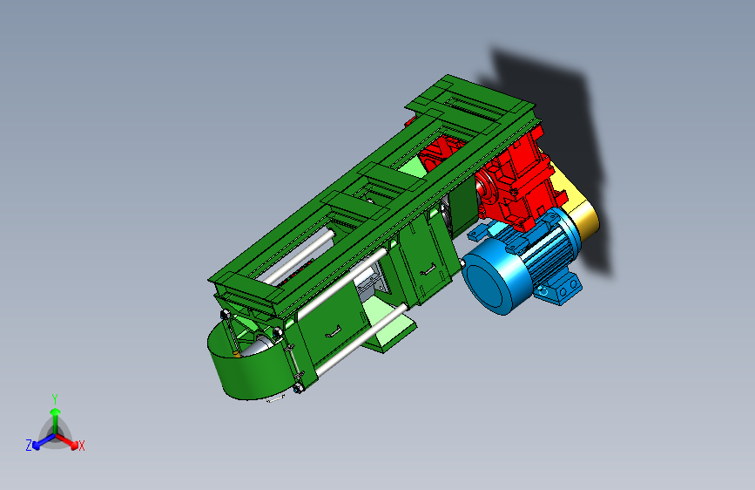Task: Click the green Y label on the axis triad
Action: point(55,398)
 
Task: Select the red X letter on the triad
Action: point(82,446)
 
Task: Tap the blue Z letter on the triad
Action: point(29,445)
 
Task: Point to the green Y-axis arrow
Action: point(55,413)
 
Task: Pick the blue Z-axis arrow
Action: point(40,440)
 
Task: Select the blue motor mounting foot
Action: point(562,289)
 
